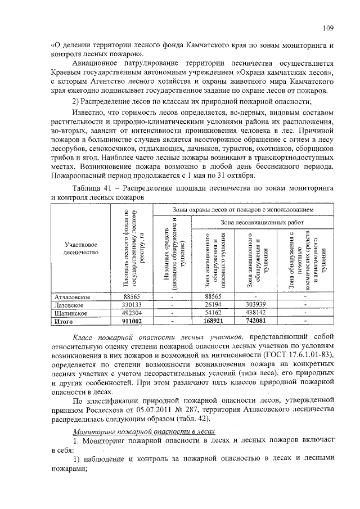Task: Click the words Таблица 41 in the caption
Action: (93, 189)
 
